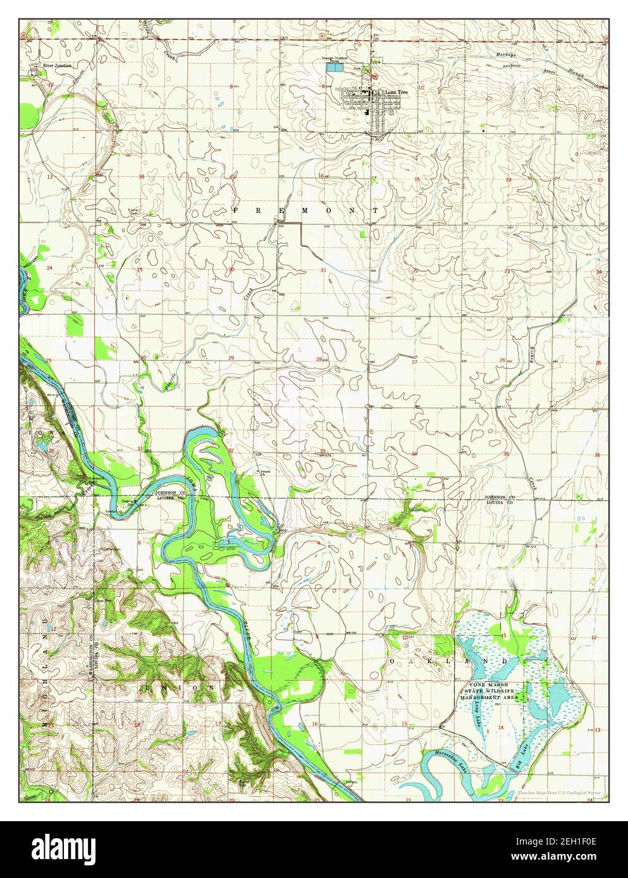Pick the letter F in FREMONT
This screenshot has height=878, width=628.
tap(235, 209)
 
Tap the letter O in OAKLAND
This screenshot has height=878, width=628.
tap(393, 661)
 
